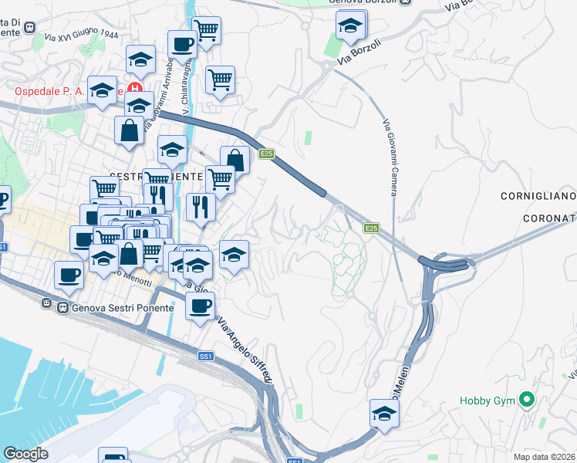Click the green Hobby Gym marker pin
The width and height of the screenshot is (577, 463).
point(527,400)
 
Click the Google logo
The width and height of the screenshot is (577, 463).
point(25,454)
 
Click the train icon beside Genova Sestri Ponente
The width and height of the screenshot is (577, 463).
point(47,306)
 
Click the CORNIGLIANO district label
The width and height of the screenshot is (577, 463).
point(538,195)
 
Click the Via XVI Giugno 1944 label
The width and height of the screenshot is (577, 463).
point(81,35)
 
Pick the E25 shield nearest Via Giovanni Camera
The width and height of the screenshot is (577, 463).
point(371,228)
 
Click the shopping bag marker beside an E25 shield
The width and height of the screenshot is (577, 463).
point(235,161)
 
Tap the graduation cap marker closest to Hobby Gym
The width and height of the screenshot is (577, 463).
point(384,414)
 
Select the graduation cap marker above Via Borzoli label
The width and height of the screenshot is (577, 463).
point(350,27)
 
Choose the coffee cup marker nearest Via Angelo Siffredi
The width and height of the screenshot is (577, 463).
point(200,306)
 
